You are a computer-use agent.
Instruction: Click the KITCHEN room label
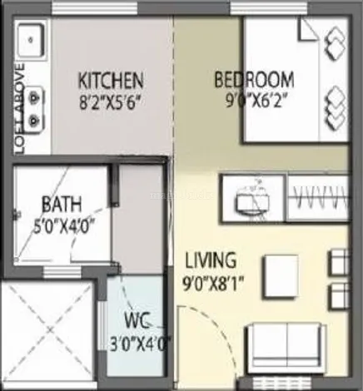110,81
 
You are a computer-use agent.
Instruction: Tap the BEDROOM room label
254,80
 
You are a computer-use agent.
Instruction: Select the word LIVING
211,259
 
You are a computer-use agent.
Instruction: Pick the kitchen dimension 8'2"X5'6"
110,103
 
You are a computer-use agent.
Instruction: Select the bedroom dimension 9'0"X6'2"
254,102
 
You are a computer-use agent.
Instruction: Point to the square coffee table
280,274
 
